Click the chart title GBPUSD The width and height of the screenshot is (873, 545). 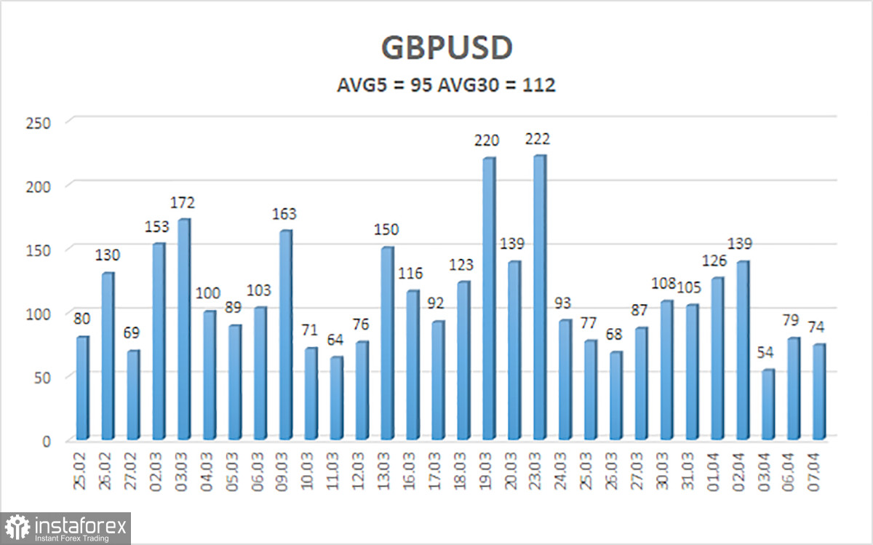pyautogui.click(x=447, y=47)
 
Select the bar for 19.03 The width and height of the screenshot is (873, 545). pyautogui.click(x=489, y=298)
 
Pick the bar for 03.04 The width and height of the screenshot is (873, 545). pyautogui.click(x=768, y=405)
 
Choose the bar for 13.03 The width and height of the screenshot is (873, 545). pyautogui.click(x=387, y=343)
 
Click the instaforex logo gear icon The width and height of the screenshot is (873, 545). pyautogui.click(x=18, y=528)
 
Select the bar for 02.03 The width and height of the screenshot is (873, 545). pyautogui.click(x=159, y=341)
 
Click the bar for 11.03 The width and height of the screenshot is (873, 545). pyautogui.click(x=336, y=398)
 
